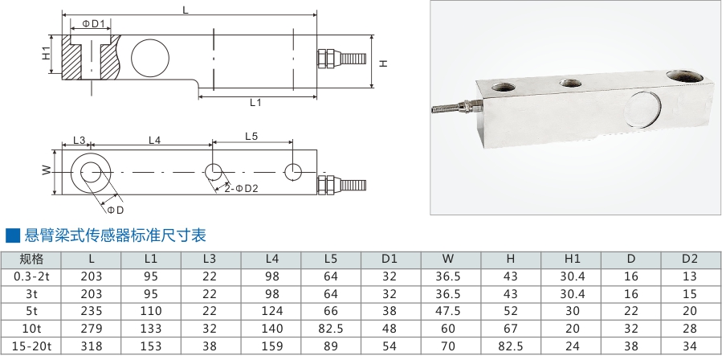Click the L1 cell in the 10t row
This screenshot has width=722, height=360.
[x=150, y=329]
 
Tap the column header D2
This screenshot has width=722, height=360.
[x=690, y=259]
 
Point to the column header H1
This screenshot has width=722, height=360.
[x=572, y=259]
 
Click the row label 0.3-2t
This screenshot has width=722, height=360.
[x=31, y=276]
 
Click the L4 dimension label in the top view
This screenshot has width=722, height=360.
[x=155, y=141]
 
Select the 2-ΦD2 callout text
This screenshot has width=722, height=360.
[x=241, y=188]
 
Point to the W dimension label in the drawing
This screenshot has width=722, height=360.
[x=47, y=170]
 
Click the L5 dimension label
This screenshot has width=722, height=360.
[x=250, y=137]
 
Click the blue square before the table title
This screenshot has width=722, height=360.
[x=12, y=235]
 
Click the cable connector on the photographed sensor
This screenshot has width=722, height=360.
[x=454, y=106]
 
